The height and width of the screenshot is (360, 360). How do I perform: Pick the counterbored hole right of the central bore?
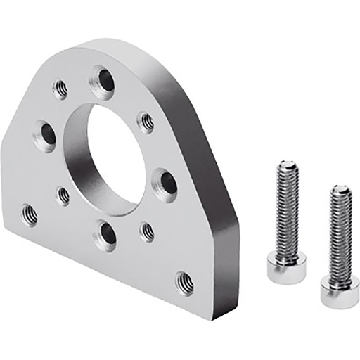166,184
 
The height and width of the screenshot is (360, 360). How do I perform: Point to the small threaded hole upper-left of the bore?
60,89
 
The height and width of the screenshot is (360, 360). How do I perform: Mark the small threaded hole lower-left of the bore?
63,195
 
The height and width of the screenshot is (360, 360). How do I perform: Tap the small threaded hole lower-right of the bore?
146,231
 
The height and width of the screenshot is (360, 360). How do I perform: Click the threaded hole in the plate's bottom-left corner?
29,213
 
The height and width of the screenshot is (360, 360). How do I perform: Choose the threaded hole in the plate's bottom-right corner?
184,281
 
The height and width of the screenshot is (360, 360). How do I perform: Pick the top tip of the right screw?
341,190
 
